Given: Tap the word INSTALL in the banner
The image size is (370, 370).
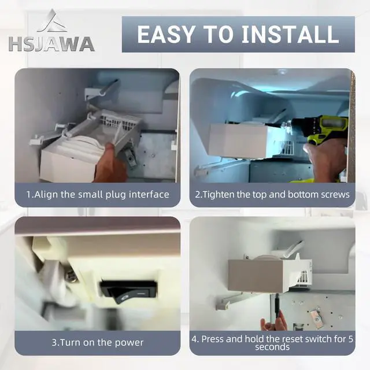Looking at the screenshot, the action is coord(290,35).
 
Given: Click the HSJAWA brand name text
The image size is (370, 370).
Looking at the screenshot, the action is coord(51,44).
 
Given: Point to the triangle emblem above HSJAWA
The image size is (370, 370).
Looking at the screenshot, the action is coord(52,21).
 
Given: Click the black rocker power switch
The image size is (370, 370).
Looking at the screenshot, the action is coord(128,291).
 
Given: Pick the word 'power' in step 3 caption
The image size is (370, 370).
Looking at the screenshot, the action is coord(129,343).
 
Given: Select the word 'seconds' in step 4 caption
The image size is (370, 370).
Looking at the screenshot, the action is coord(272,347).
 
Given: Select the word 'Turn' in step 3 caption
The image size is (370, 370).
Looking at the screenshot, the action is coord(68,343).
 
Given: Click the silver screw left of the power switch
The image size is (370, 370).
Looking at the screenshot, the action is coord(70,275).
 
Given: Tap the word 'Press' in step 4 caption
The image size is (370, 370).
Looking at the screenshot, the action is coord(212,339).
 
